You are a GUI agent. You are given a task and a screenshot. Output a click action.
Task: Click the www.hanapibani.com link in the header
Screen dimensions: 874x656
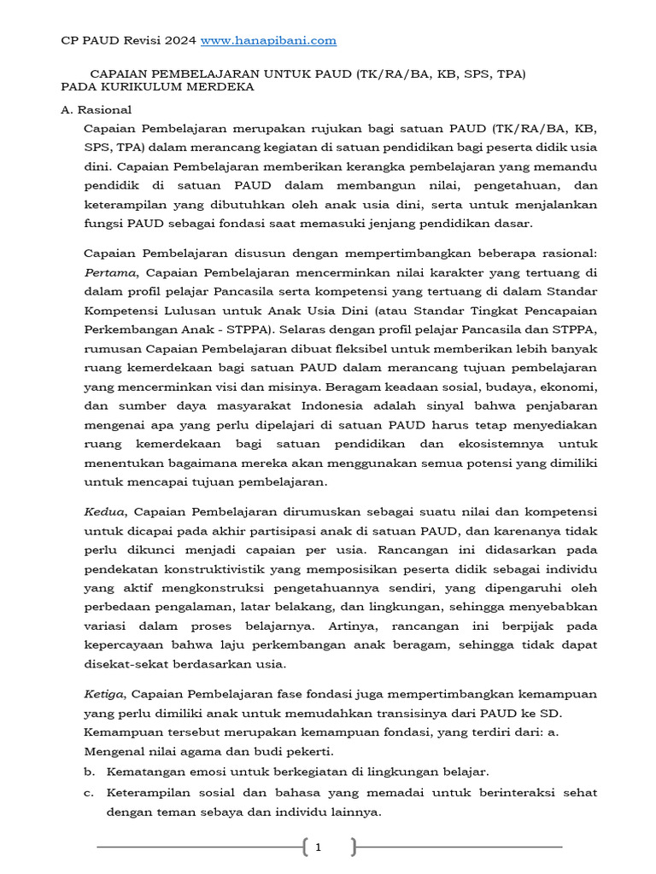(x=268, y=40)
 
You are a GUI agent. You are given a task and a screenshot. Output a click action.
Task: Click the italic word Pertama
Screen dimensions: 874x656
(x=111, y=272)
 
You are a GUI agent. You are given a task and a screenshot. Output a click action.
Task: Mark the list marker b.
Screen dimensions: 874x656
(x=88, y=772)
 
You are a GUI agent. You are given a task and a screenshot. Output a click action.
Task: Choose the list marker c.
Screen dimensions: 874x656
(x=88, y=793)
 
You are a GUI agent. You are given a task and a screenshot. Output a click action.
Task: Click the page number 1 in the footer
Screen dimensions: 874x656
(x=318, y=848)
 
